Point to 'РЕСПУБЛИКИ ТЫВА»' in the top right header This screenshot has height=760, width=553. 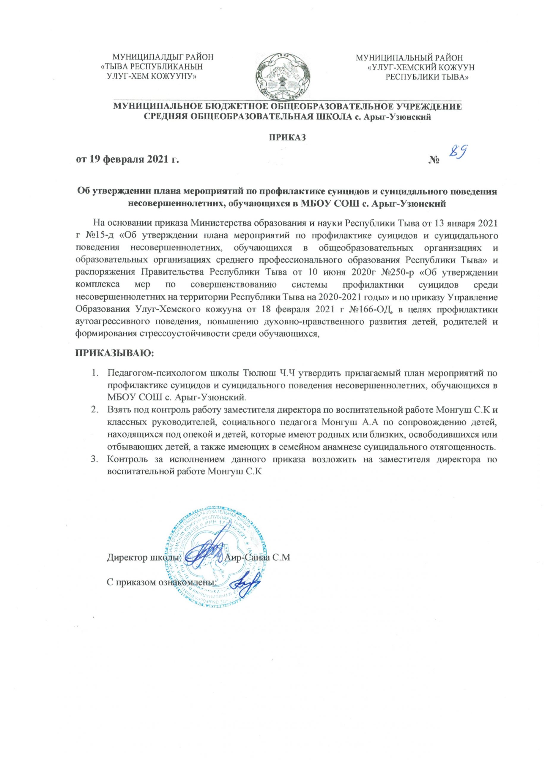click(428, 77)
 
